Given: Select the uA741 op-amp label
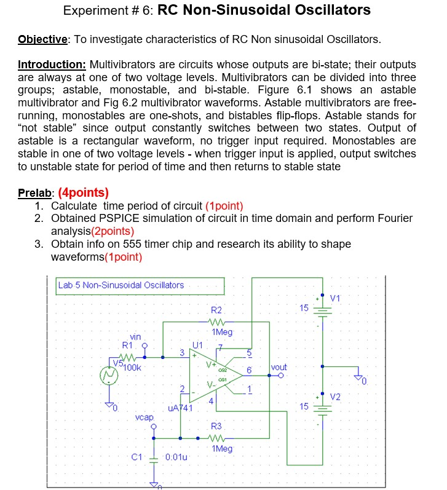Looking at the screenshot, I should pos(180,407).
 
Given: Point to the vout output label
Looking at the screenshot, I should pos(279,367).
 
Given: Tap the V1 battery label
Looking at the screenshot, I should pos(336,299).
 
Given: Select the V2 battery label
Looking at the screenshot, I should pos(336,395).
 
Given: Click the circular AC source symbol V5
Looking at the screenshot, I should pos(109,374).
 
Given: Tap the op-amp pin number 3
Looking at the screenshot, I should pos(182,352).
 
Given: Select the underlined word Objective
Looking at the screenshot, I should pos(42,40).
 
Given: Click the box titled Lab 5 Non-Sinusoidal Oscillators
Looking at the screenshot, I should pos(140,285).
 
